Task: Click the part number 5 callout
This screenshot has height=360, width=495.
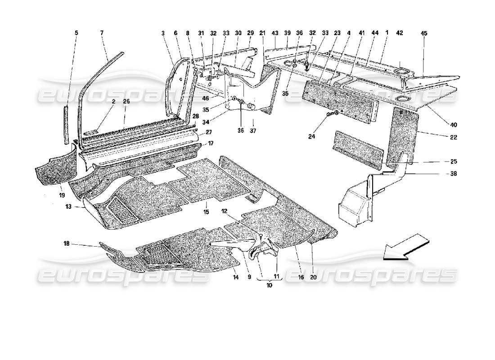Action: (76, 33)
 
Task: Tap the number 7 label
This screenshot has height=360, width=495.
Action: (102, 33)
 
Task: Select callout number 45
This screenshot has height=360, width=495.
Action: (424, 33)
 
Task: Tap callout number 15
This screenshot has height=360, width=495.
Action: (206, 211)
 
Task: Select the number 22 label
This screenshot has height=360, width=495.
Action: (453, 137)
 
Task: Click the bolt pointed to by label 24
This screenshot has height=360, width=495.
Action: (337, 123)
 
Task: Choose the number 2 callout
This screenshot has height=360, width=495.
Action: (114, 102)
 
